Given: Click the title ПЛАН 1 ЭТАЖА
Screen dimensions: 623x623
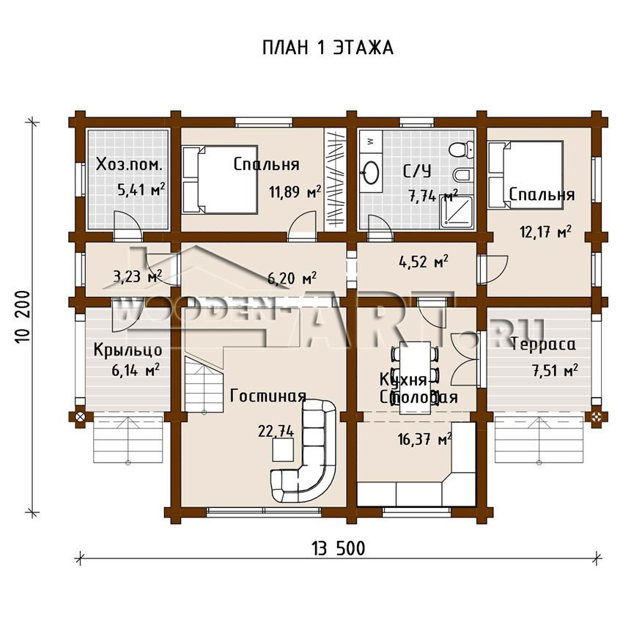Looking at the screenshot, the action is tap(328, 48).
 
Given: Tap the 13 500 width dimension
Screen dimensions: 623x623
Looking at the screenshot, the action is tap(338, 549).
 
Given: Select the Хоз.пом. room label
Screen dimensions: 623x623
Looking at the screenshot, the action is tap(129, 164).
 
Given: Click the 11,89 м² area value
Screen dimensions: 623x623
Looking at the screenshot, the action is tap(295, 192).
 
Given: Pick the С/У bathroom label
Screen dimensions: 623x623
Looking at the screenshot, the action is tap(417, 172).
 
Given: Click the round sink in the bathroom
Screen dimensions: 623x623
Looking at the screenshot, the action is tap(372, 172).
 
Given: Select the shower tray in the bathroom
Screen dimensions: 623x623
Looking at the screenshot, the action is tap(457, 212).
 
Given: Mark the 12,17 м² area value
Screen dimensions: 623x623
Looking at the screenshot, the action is tap(545, 231).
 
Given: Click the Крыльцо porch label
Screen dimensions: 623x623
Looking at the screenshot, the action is tap(128, 350).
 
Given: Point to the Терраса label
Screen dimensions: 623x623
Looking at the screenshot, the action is tap(542, 344).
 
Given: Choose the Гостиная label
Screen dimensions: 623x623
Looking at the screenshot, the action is tap(268, 396).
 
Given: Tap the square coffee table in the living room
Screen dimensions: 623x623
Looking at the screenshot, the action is tap(283, 450).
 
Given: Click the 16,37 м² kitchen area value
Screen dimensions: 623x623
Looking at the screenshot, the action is tap(424, 438).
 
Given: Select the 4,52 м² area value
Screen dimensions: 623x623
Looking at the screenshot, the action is tap(424, 262).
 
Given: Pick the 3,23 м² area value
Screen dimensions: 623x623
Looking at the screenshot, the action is tap(137, 276).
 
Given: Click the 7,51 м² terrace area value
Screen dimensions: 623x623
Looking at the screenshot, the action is tap(555, 370).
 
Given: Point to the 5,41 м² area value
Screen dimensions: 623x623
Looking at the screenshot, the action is tap(141, 190).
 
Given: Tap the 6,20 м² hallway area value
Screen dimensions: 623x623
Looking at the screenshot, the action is tap(292, 279).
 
